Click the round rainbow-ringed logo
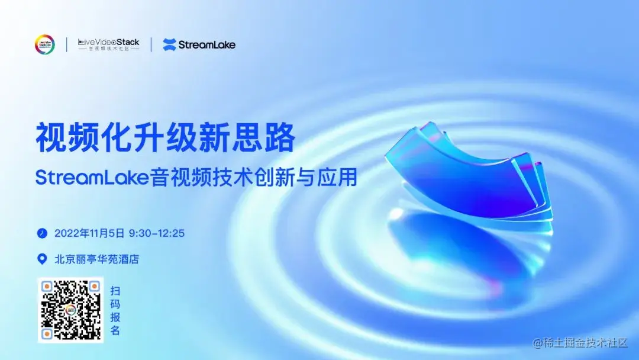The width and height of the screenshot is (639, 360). pyautogui.click(x=45, y=44)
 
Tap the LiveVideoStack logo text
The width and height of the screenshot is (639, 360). pyautogui.click(x=109, y=43)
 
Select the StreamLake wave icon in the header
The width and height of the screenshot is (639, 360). pyautogui.click(x=169, y=44)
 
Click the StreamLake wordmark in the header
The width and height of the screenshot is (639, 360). pyautogui.click(x=207, y=44)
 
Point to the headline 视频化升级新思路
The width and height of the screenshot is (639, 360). pyautogui.click(x=165, y=137)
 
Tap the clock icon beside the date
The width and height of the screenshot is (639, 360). pyautogui.click(x=42, y=233)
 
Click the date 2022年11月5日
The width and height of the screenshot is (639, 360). pyautogui.click(x=89, y=233)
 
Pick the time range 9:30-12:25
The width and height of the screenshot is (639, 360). pyautogui.click(x=157, y=233)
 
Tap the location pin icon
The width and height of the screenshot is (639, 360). pyautogui.click(x=42, y=259)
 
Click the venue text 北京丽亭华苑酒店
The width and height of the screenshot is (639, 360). pyautogui.click(x=96, y=259)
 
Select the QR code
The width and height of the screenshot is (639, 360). pyautogui.click(x=70, y=310)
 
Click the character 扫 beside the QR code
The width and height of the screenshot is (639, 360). pyautogui.click(x=115, y=291)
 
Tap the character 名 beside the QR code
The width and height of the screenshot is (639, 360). pyautogui.click(x=115, y=330)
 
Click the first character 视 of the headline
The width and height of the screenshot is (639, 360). pyautogui.click(x=50, y=137)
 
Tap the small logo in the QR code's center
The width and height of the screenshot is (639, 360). pyautogui.click(x=70, y=310)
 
